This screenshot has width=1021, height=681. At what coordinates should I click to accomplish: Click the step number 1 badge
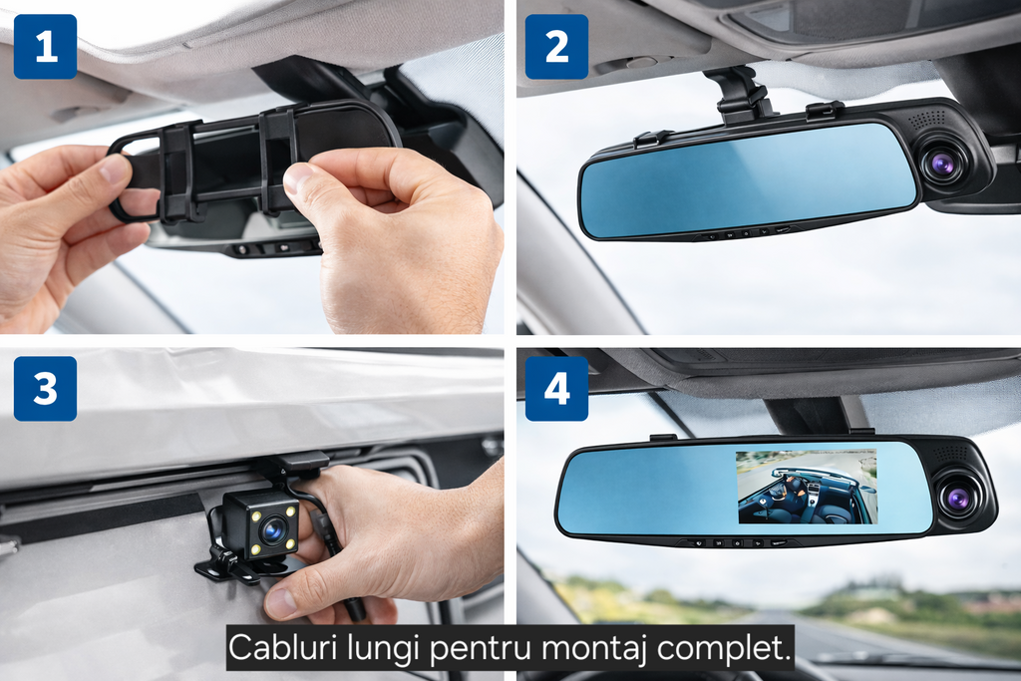(45, 47)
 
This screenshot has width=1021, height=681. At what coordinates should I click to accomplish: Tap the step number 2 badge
(556, 47)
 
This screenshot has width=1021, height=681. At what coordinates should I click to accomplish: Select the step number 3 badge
(45, 389)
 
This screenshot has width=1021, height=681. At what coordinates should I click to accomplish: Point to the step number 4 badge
(556, 389)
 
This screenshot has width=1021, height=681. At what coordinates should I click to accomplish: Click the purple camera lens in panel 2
(939, 164)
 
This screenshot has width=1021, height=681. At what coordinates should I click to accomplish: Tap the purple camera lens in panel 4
(958, 499)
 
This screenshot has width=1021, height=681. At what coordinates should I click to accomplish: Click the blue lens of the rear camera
(271, 529)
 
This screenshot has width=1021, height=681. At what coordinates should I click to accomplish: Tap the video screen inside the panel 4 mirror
(806, 486)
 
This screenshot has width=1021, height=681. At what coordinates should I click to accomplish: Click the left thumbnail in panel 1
(115, 169)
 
